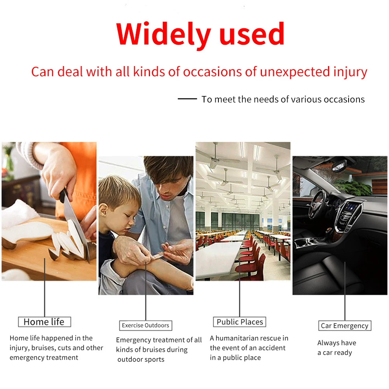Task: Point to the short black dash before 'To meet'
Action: point(187,99)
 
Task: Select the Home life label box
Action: point(44,322)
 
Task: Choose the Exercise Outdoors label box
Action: point(146,325)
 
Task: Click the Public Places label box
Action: point(240,322)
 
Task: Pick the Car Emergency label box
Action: point(345,326)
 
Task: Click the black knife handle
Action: point(63,195)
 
